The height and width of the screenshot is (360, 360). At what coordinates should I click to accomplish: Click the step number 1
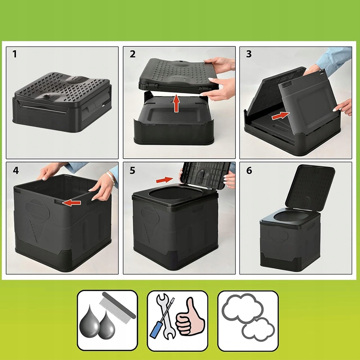tap(15, 54)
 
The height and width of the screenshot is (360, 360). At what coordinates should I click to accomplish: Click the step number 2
tap(132, 54)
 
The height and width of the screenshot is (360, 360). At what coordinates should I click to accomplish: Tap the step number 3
tap(249, 54)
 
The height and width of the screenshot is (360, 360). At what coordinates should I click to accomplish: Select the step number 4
tap(15, 171)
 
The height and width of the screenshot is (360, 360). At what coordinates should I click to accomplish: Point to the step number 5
tap(132, 171)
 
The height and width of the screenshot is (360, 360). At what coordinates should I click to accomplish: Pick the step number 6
tap(249, 171)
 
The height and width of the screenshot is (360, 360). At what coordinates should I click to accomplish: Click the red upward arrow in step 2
tap(176, 103)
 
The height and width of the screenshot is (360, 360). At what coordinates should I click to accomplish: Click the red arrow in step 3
tap(280, 116)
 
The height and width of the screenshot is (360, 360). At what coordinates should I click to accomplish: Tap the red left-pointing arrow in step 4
tap(71, 202)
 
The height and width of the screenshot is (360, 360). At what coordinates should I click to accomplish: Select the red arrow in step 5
tap(165, 180)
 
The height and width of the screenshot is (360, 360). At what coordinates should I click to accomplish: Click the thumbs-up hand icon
tap(190, 316)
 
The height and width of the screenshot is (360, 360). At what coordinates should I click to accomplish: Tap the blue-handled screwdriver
tap(162, 318)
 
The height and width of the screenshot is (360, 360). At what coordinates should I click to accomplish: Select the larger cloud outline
tap(242, 308)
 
